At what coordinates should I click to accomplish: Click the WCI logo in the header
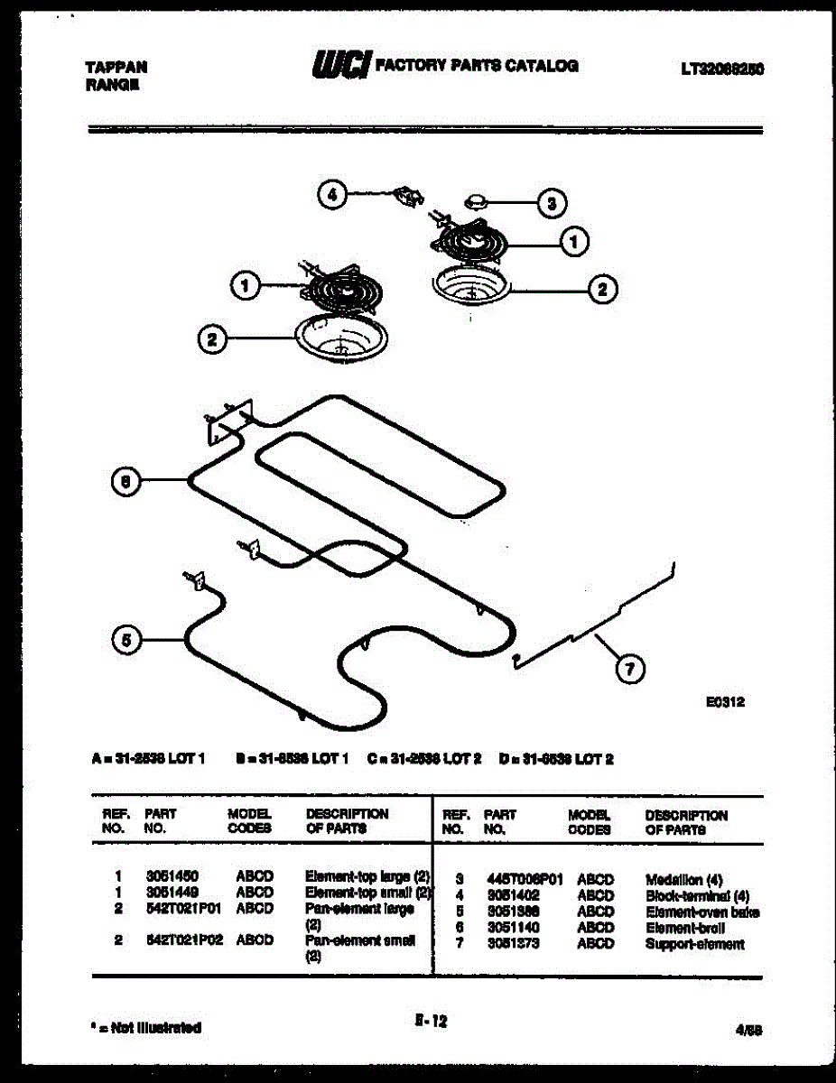click(340, 66)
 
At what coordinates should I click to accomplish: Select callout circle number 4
click(332, 193)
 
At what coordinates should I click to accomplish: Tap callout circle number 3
click(552, 202)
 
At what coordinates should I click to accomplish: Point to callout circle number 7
click(629, 669)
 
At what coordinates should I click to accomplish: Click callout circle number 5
click(127, 640)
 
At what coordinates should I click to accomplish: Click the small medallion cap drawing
click(476, 199)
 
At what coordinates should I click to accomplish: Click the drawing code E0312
click(725, 700)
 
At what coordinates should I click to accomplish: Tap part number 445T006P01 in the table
click(524, 879)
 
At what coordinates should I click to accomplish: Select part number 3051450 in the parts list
click(172, 875)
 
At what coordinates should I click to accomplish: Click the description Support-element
click(694, 944)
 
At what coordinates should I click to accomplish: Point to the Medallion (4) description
click(684, 879)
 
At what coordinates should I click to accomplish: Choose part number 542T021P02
click(183, 940)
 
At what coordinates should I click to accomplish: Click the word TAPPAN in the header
click(116, 67)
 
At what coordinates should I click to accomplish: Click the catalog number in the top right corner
click(722, 68)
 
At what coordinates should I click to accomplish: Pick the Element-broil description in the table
click(685, 928)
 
